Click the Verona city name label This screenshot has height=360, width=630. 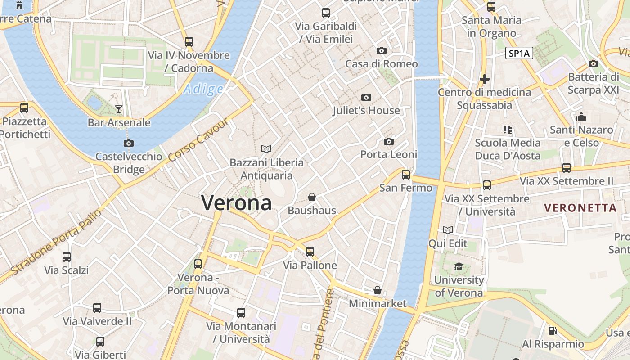pos(236,202)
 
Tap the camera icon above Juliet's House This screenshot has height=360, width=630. pos(366,97)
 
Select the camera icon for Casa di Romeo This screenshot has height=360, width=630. pos(381,50)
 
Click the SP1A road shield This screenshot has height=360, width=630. pos(519,54)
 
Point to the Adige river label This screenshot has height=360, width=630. pos(203,89)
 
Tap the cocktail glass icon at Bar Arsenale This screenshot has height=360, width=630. pos(118,109)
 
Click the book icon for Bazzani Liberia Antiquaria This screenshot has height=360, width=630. pos(266,149)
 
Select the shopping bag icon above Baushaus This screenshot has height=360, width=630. pos(311,197)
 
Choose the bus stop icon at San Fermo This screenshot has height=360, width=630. pos(406,174)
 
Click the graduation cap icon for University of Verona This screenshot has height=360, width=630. pos(459,267)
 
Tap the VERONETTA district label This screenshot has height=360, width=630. pos(580,208)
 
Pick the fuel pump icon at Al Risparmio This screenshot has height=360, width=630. pos(553,331)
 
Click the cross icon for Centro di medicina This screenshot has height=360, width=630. pos(484,79)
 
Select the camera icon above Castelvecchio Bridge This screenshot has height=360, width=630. pos(128,143)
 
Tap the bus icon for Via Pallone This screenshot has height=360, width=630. pos(310,252)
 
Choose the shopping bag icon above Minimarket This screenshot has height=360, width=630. pos(378,290)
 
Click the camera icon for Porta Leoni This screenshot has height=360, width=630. pos(389,141)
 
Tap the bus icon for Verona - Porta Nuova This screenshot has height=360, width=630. pos(198,264)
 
